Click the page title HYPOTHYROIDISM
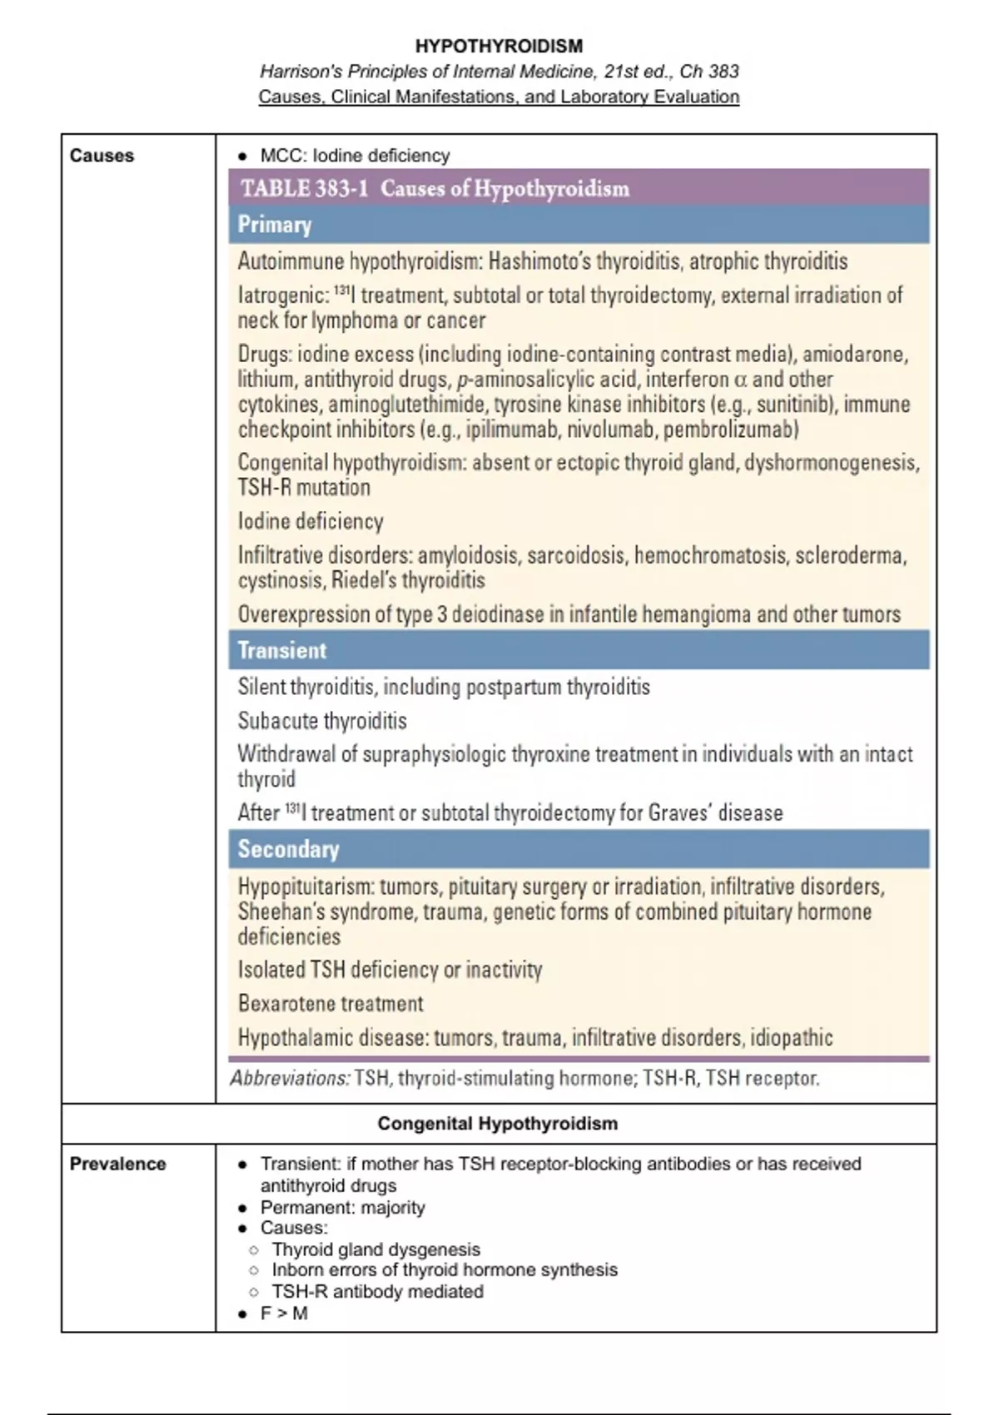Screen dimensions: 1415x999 499,46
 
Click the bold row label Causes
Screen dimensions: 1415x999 102,156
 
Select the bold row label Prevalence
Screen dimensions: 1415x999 117,1164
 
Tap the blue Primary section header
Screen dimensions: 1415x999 275,225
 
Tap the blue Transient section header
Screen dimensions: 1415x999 282,650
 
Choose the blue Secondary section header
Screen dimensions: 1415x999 288,849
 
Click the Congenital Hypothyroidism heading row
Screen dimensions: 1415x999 498,1124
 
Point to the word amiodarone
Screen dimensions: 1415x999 854,355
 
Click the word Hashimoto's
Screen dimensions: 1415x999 541,261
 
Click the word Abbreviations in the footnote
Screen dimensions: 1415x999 290,1079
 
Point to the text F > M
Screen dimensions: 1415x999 284,1313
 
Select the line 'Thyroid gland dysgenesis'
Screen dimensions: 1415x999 375,1249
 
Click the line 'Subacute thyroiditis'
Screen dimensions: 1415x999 322,721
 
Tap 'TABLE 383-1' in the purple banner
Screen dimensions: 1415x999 304,188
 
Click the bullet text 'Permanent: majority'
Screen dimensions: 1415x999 342,1207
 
